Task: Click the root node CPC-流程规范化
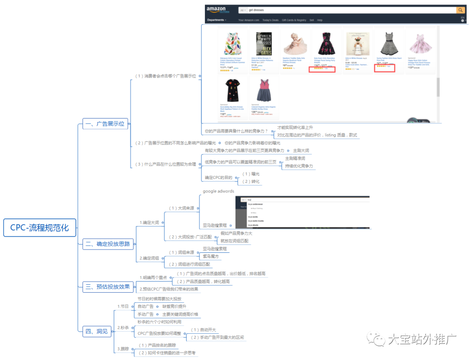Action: pos(40,227)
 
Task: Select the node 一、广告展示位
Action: pos(104,124)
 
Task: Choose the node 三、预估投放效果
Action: pos(108,287)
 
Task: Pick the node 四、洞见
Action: pos(96,332)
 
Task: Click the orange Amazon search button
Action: pos(461,10)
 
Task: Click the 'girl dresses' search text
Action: pos(256,10)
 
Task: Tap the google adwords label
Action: pos(218,191)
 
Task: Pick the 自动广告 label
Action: pos(145,306)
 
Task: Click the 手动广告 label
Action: pos(145,314)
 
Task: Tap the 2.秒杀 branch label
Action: pos(123,327)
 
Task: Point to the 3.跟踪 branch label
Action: pos(123,349)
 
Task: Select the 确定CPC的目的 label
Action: pos(219,177)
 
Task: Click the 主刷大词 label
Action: pos(301,150)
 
